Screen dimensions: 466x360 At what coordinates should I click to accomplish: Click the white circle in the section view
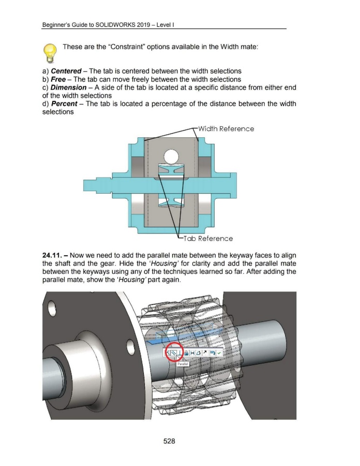171,155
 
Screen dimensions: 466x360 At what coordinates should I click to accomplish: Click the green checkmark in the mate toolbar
219,353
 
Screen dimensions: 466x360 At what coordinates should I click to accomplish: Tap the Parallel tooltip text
182,364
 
